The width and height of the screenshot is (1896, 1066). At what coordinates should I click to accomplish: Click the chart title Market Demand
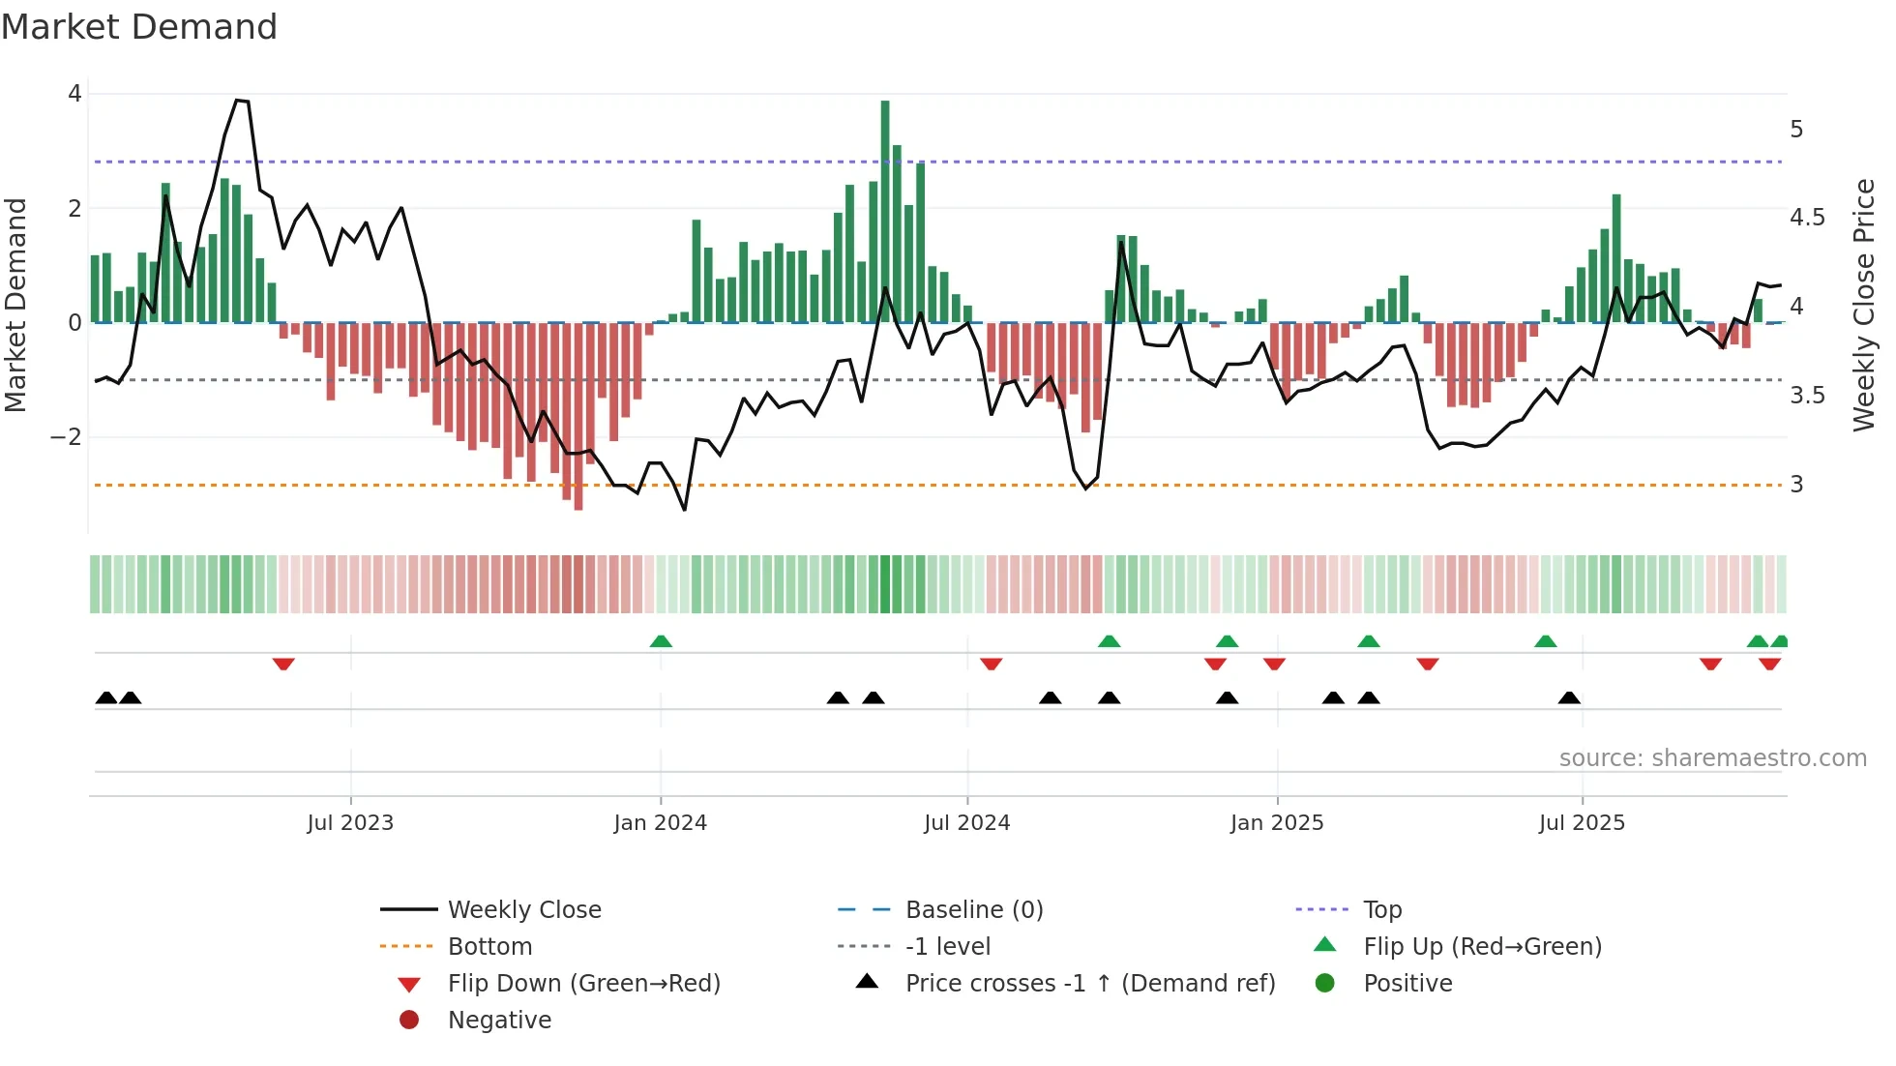point(139,27)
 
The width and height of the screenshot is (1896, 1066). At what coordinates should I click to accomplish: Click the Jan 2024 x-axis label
point(660,823)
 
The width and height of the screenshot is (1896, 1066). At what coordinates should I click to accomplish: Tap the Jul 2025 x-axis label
point(1582,823)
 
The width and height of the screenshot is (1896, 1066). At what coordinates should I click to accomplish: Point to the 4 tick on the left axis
point(74,94)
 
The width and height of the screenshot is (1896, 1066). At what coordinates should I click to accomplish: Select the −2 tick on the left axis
point(66,437)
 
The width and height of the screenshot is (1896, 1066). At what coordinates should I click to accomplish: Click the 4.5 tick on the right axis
point(1807,218)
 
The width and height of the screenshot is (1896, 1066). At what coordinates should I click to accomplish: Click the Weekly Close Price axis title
point(1863,305)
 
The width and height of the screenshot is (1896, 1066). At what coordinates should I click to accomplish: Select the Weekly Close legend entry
point(523,910)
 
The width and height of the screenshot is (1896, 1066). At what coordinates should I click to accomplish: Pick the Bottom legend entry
point(489,947)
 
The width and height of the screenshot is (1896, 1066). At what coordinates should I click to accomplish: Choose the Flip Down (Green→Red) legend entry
point(583,984)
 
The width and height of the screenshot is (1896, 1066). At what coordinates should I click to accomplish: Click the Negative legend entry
point(499,1021)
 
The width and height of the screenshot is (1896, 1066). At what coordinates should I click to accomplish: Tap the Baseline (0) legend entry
point(973,910)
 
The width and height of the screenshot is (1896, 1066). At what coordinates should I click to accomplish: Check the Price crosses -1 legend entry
point(1089,984)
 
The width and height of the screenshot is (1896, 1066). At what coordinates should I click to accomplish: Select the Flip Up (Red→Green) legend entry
point(1482,947)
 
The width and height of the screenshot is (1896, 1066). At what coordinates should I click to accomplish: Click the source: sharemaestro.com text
point(1712,758)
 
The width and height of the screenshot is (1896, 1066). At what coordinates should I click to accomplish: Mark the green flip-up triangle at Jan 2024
point(661,641)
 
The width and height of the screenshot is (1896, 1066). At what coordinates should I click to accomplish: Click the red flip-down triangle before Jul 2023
point(283,664)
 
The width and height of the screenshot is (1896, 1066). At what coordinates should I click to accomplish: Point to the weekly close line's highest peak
point(238,101)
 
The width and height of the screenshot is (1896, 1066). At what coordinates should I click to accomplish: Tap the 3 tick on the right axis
point(1796,485)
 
